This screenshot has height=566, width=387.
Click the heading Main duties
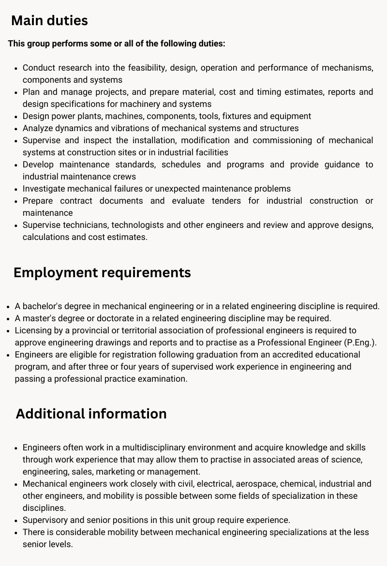(x=49, y=21)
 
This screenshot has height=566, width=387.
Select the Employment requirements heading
(x=102, y=272)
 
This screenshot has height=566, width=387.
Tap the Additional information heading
(x=91, y=414)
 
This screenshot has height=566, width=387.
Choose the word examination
(x=162, y=379)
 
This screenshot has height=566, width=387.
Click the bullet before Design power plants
(x=16, y=117)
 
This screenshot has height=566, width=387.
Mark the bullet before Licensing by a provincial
(x=9, y=331)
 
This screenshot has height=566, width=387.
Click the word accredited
(x=275, y=355)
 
